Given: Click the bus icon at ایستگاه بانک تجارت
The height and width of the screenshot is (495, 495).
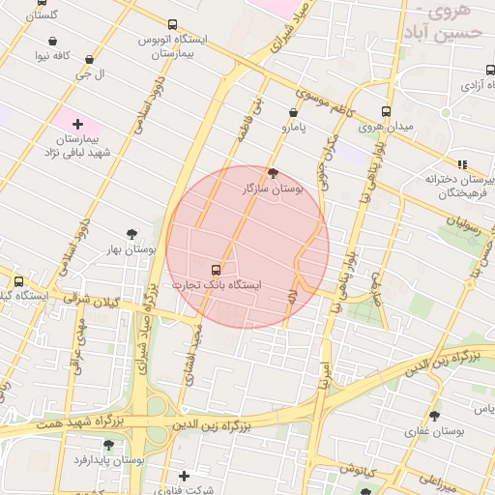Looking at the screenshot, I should [215, 269].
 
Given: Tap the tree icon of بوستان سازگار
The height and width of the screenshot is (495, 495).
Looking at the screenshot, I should [273, 173].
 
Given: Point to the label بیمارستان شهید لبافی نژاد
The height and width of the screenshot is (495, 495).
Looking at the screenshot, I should [78, 146].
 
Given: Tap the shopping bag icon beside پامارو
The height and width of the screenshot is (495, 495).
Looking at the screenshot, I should [293, 112].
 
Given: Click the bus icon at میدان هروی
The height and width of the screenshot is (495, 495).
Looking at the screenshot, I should [386, 111].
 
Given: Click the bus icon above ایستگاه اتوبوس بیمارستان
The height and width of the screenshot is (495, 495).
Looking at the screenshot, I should [172, 25].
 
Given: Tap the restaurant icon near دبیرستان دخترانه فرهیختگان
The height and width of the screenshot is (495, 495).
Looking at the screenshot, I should [462, 163].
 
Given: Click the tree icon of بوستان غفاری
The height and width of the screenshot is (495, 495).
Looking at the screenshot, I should [434, 416].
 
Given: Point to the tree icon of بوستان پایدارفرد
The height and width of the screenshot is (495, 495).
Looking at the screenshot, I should [107, 445].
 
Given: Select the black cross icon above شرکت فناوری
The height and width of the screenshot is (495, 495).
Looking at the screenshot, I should [184, 476].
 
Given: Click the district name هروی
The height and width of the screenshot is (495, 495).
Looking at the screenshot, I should [447, 14].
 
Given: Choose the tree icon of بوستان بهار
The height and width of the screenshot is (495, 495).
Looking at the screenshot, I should [132, 234].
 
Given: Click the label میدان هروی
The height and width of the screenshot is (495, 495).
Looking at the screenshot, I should [386, 127].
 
